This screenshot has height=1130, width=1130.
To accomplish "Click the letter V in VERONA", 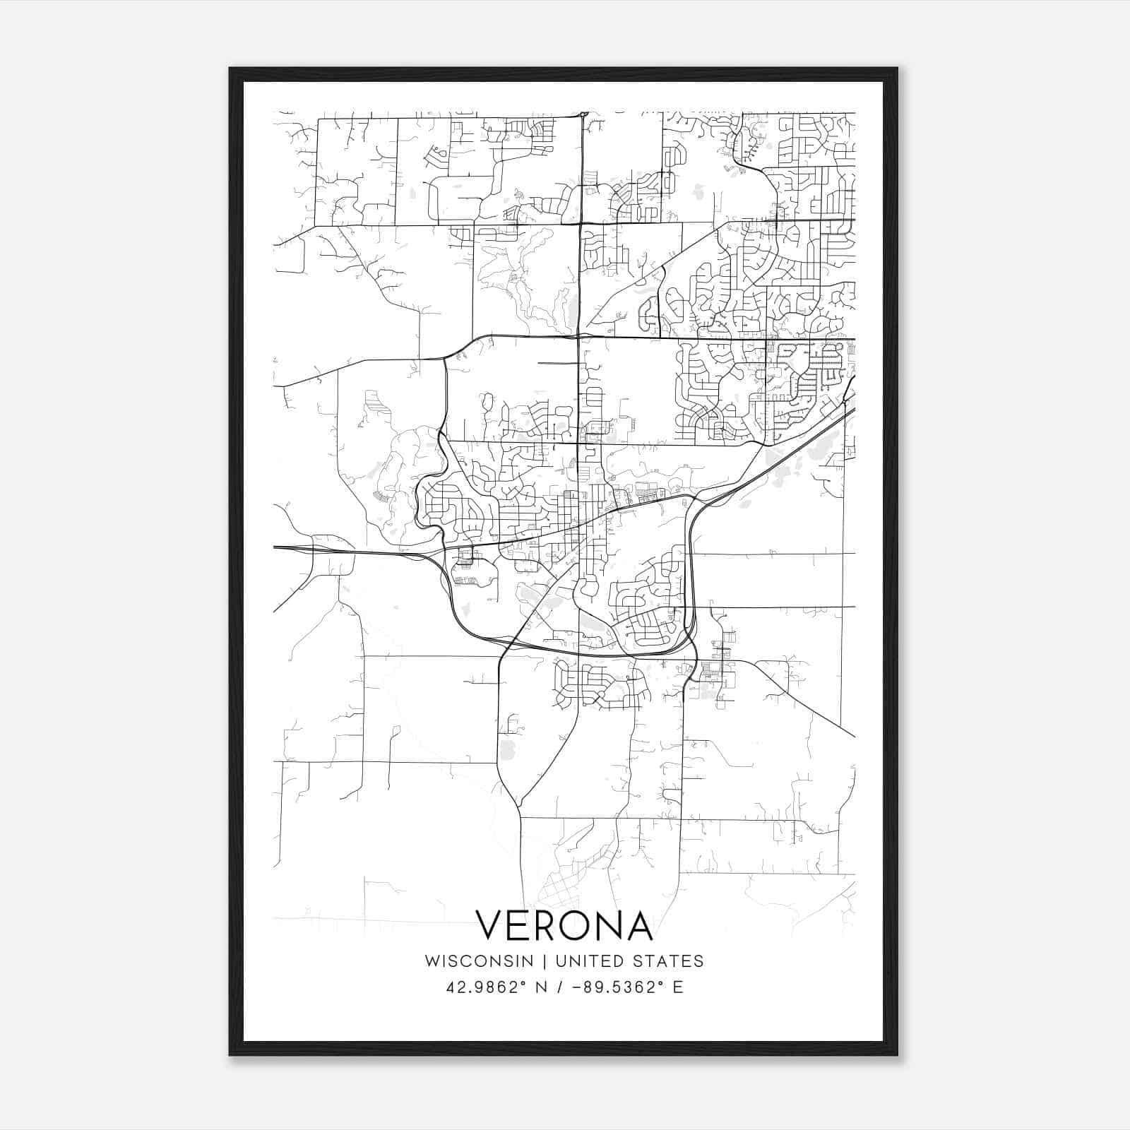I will [492, 926].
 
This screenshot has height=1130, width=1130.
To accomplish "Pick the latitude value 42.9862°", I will [487, 987].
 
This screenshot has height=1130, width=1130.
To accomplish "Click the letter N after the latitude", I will [543, 987].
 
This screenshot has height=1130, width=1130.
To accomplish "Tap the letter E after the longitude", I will [678, 987].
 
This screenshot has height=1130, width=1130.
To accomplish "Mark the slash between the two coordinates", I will [561, 987].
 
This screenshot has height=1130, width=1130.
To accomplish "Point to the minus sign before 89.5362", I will [578, 987].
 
